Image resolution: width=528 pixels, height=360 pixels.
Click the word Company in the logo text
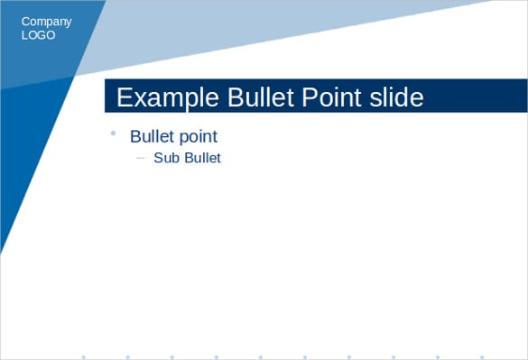[46, 22]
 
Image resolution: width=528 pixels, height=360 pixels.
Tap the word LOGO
[38, 35]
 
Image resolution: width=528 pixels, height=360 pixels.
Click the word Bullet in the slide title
[262, 97]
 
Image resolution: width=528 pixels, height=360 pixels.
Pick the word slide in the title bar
[399, 97]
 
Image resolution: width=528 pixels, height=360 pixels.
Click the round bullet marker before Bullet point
[113, 134]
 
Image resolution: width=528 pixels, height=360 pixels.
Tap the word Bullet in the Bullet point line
[153, 136]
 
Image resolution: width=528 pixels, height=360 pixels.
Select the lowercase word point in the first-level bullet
[199, 137]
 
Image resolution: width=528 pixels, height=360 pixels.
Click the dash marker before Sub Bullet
[140, 158]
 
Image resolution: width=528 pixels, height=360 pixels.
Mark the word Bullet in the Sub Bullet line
[201, 158]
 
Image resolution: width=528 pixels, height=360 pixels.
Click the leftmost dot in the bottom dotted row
[84, 356]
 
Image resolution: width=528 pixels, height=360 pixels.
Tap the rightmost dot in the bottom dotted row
[481, 356]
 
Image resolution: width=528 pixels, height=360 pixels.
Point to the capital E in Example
[124, 97]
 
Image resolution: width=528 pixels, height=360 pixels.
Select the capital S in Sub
[158, 158]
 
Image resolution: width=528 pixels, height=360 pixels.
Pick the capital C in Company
[26, 22]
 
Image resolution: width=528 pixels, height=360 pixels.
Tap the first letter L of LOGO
[24, 35]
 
